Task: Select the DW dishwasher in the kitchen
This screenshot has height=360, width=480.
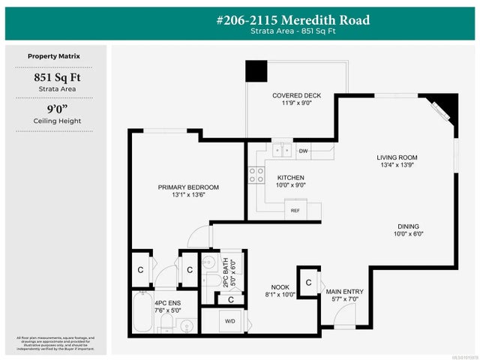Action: click(303, 151)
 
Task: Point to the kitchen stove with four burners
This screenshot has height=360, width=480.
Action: click(256, 175)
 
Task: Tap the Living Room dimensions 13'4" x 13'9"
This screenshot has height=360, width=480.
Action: click(397, 164)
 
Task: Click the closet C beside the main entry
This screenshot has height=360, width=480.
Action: click(309, 283)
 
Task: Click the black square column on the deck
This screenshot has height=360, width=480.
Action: click(257, 71)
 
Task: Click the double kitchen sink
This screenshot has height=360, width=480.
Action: click(282, 150)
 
